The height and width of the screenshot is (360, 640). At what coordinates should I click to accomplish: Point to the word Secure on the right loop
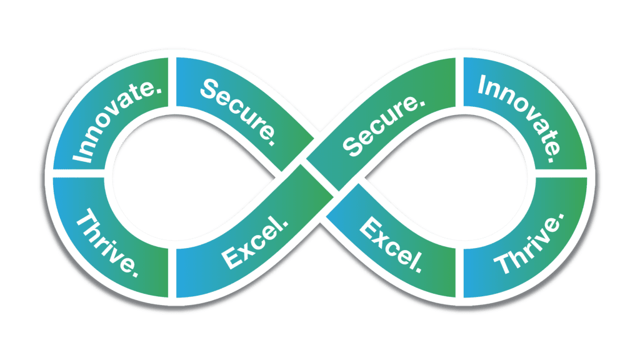(x=381, y=125)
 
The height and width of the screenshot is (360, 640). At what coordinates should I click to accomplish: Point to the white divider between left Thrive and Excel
(x=172, y=272)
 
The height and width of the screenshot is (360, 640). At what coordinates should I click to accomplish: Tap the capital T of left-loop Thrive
(x=85, y=219)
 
